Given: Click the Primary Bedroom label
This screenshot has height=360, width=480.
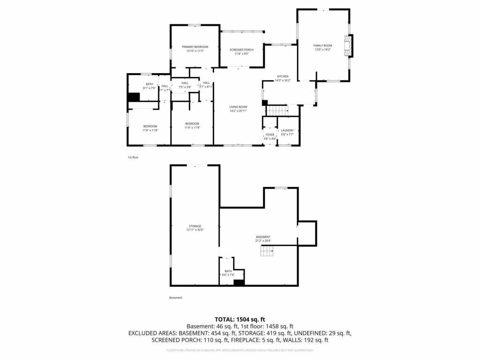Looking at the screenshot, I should (x=195, y=47).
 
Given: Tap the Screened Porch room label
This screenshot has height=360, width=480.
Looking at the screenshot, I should (x=241, y=50).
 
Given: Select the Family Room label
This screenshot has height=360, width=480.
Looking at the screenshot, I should (x=322, y=45).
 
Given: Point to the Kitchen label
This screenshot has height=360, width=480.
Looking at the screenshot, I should (x=282, y=76).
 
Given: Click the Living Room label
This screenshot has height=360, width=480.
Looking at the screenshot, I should (x=238, y=107).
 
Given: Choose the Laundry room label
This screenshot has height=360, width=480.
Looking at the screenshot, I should (x=287, y=130).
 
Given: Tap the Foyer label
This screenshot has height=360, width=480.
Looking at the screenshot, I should (x=270, y=135).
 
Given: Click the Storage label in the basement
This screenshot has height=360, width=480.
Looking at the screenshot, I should (x=195, y=226).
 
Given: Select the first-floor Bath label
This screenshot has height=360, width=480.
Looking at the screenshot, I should (x=149, y=84).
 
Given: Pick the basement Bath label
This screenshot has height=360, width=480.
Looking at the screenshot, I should (x=228, y=271).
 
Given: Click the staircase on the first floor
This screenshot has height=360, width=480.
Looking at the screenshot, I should (x=276, y=111).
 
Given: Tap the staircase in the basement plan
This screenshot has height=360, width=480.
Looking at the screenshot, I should (x=267, y=252).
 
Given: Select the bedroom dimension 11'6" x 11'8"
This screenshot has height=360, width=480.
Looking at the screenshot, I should (x=150, y=130).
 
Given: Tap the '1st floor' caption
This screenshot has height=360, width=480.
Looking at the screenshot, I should (x=133, y=157).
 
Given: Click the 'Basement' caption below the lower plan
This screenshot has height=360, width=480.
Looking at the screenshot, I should (x=175, y=298).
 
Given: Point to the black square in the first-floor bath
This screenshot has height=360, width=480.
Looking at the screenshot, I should (x=134, y=97).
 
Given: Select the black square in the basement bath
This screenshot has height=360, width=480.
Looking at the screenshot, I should (x=239, y=283).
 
